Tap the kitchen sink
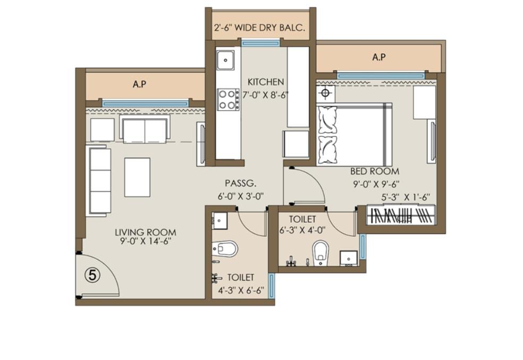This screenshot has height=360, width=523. (225, 61)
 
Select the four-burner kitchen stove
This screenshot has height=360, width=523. (228, 99)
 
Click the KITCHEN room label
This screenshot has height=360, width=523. (266, 82)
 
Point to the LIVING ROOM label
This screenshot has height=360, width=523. (146, 232)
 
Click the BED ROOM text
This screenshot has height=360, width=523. (375, 171)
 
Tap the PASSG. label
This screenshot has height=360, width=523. (240, 183)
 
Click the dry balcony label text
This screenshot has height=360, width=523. (259, 27)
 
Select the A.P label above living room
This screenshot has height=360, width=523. (140, 84)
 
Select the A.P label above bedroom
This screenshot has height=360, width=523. (379, 57)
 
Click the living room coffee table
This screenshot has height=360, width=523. (137, 177)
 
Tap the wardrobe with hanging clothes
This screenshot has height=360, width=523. (401, 215)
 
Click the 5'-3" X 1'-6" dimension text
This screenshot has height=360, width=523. (406, 197)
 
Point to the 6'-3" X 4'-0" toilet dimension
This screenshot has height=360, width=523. (302, 230)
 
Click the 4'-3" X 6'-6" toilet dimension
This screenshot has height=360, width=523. (241, 290)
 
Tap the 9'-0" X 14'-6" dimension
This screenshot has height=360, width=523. (146, 241)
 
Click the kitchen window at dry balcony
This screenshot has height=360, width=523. (260, 43)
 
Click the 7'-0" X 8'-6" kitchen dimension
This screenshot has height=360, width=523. (266, 95)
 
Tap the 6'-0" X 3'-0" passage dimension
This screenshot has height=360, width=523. (241, 196)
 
